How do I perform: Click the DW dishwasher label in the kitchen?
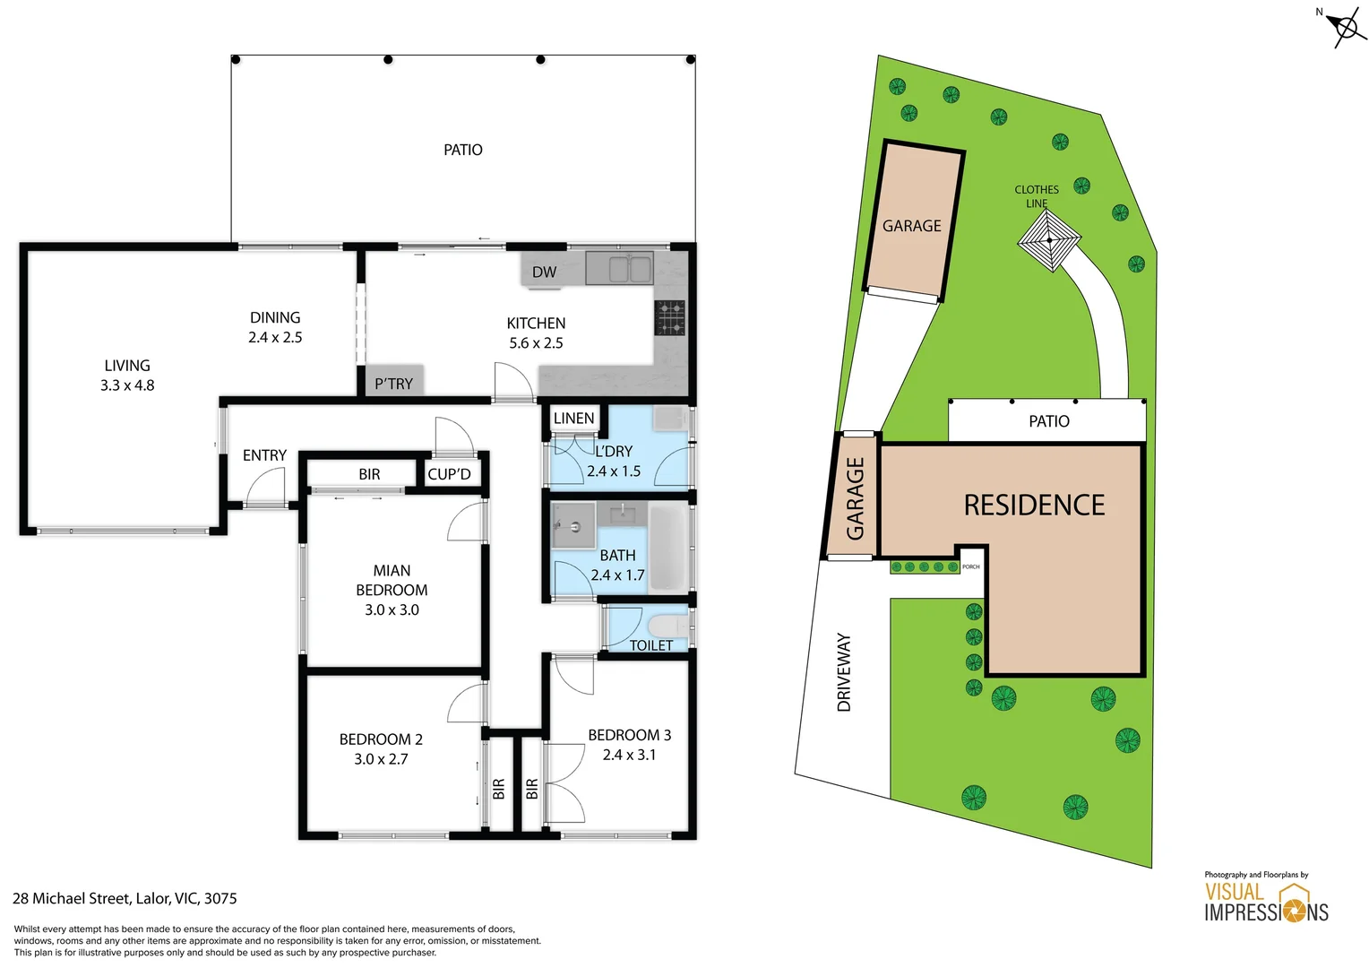tap(544, 272)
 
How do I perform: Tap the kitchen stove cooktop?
tap(669, 318)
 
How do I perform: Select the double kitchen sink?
tap(619, 268)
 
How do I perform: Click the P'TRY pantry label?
tap(393, 384)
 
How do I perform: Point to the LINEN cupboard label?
tap(573, 419)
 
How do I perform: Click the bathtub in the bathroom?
tap(667, 548)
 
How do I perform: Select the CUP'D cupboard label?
tap(449, 474)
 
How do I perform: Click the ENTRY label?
tap(264, 455)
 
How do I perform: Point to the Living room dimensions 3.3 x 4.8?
tap(127, 385)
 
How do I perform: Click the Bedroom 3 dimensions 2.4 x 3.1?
tap(629, 755)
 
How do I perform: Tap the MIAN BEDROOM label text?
tap(392, 580)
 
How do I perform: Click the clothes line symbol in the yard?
tap(1049, 240)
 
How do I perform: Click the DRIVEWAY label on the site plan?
tap(844, 672)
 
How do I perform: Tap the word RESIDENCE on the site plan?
tap(1034, 506)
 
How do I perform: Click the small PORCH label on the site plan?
tap(971, 566)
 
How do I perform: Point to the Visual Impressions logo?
tap(1265, 902)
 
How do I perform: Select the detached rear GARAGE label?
tap(911, 226)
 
